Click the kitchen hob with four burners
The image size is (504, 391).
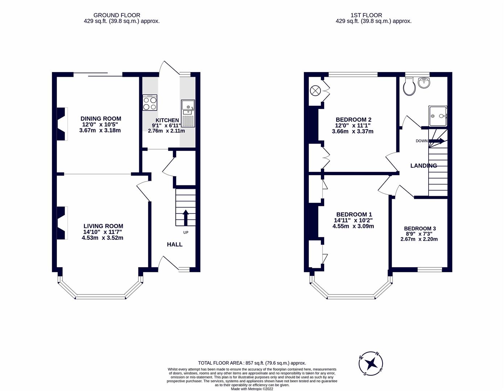coord(150,102)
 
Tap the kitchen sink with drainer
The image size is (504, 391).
coord(188,113)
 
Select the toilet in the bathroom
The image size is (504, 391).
coord(409,86)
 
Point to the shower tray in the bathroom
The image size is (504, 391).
coord(438,116)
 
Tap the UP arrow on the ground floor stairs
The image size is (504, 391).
coord(186,218)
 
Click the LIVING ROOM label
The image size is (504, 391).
coord(103,226)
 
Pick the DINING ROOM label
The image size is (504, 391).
coord(101,119)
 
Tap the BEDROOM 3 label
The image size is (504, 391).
coord(420,228)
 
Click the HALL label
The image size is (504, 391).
coord(175,244)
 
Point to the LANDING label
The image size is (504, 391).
coord(424,165)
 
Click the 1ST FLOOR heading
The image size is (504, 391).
coord(366,15)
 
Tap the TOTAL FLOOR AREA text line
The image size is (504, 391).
coord(252,363)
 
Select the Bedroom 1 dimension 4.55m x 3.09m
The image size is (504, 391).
coord(353,226)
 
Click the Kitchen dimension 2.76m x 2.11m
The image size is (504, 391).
coord(166,131)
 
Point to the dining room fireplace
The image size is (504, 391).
coord(62,124)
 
